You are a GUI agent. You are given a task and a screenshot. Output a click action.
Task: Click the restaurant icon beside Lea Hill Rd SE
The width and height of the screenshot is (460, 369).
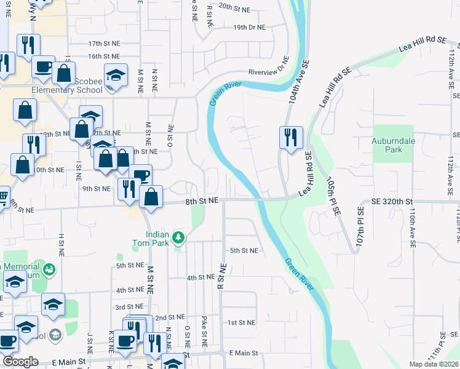(x=291, y=137)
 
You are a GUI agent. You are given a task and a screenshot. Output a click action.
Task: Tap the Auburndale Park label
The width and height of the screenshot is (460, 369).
(x=386, y=145)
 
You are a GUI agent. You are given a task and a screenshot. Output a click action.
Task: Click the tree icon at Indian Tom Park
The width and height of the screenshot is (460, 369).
(x=178, y=237)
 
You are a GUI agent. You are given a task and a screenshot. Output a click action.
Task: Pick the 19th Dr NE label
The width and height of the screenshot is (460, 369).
(x=249, y=28)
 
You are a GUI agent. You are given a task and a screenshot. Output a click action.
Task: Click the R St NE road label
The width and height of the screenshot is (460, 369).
(x=221, y=276)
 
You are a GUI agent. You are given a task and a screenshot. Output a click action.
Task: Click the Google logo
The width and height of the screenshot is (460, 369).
(x=20, y=362)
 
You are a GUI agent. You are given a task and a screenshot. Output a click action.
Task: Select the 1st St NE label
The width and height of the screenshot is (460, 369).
(x=241, y=322)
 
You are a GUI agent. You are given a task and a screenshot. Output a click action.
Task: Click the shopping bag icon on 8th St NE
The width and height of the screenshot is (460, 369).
(x=151, y=197)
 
